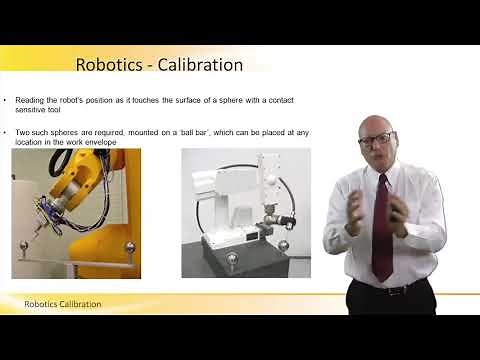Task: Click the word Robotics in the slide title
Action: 107,65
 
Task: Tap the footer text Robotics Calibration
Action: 63,303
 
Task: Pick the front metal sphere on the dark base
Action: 232,260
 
